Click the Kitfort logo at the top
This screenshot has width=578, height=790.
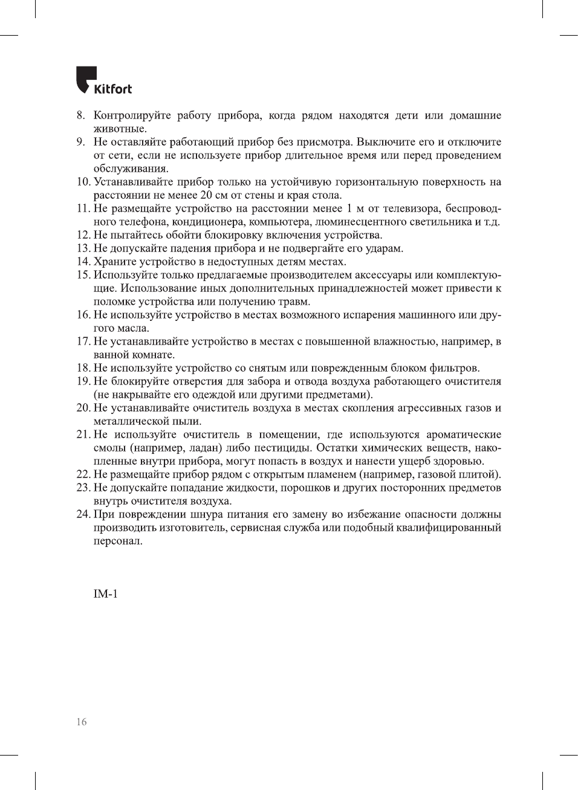(x=103, y=80)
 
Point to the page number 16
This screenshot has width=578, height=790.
(x=82, y=722)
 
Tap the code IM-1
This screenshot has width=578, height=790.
(x=105, y=594)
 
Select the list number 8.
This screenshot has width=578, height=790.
(x=80, y=115)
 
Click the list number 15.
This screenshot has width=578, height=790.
(x=83, y=275)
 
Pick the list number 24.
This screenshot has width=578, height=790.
(x=83, y=514)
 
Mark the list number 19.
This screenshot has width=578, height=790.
(x=83, y=381)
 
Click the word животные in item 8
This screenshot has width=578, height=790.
(x=120, y=129)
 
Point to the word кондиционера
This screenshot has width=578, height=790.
(x=209, y=222)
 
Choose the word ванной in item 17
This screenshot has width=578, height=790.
(x=111, y=355)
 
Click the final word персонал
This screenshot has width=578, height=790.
(x=118, y=541)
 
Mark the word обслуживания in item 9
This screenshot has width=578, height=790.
(x=131, y=169)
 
